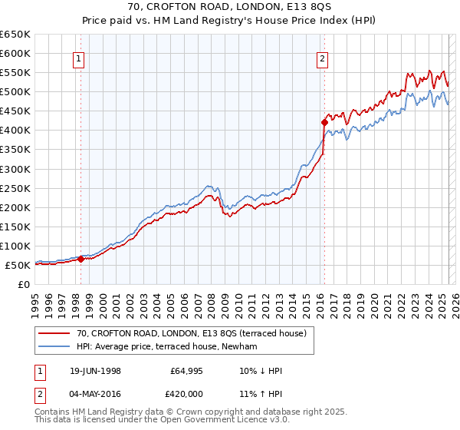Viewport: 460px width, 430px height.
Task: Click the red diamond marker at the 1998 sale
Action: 80,259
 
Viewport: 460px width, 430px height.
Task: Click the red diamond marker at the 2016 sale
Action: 324,122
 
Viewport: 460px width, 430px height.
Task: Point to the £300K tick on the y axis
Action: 16,169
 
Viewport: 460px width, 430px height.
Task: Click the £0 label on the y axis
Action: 24,284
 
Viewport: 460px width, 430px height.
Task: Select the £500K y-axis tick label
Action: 16,92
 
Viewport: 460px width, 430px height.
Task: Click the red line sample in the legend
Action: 54,333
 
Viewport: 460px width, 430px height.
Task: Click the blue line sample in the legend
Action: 54,346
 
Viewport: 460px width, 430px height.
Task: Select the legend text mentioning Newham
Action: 166,346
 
